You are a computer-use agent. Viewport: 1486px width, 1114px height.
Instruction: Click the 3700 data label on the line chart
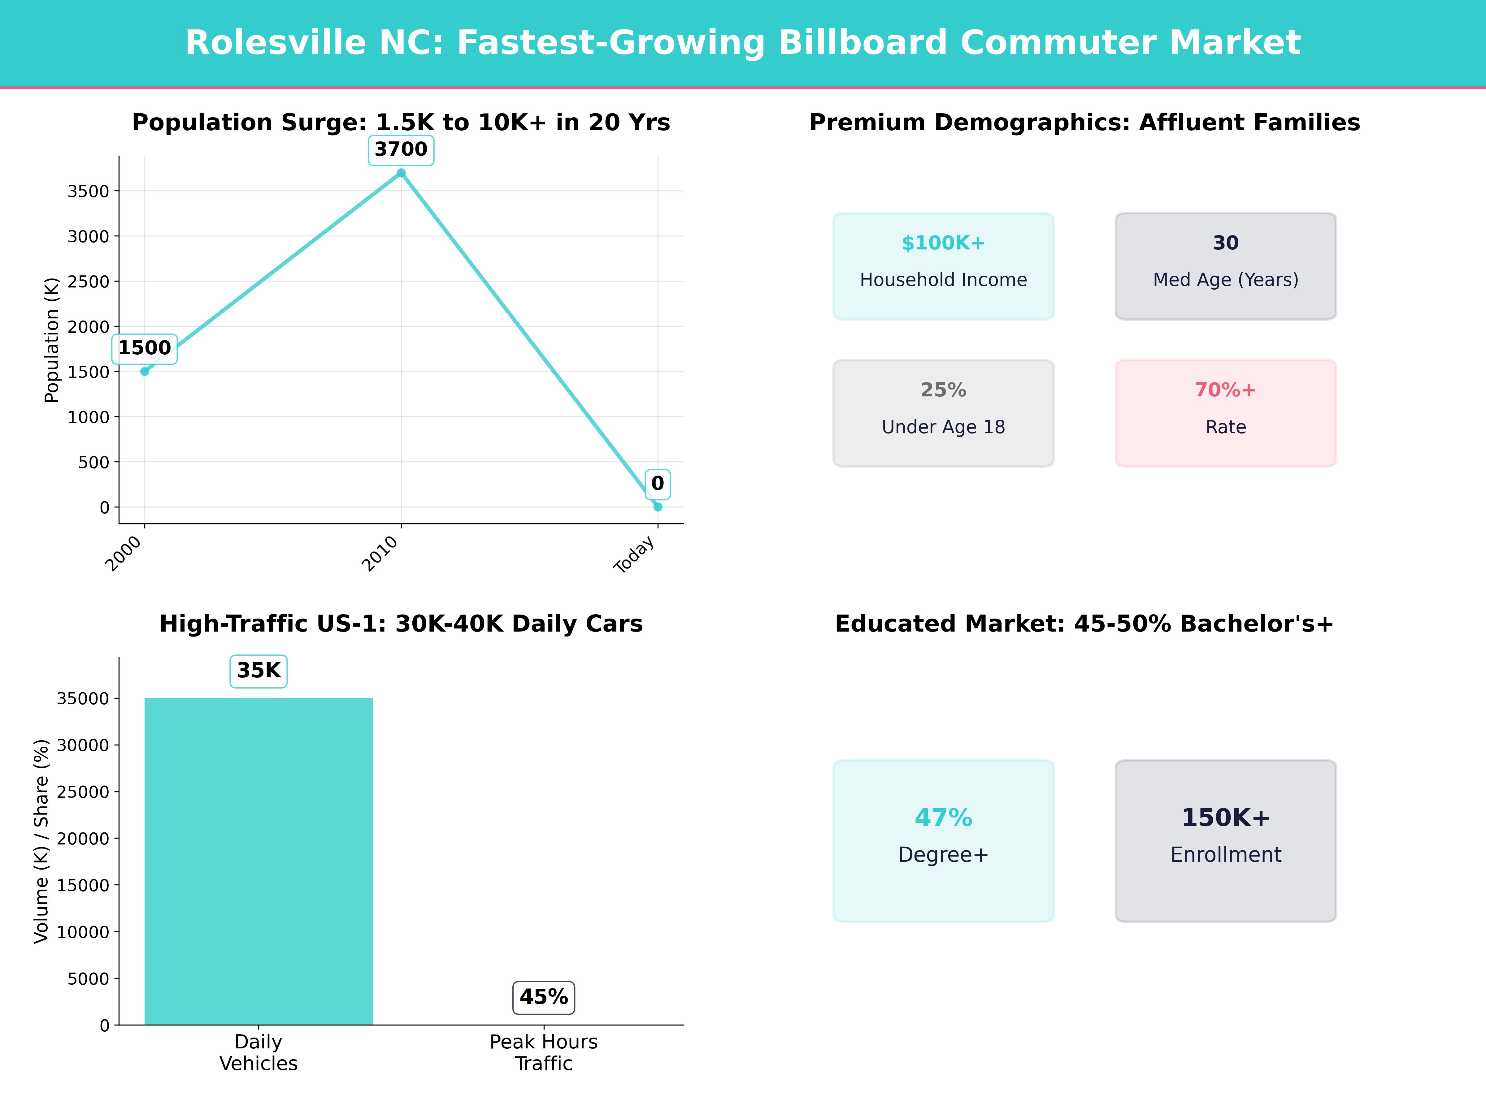point(401,149)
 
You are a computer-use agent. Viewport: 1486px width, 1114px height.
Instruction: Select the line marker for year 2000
point(145,371)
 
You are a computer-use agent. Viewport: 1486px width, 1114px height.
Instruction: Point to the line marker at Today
point(658,507)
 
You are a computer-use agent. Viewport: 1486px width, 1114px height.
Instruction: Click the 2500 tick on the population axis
point(88,281)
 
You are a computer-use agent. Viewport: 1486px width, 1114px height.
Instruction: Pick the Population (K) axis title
point(52,340)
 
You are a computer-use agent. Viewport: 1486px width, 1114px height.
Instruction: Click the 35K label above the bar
point(259,671)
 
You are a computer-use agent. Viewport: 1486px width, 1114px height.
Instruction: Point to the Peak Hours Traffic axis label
point(544,1052)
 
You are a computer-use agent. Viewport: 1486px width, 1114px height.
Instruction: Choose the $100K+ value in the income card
point(943,243)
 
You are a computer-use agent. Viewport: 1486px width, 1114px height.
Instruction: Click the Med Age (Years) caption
point(1225,280)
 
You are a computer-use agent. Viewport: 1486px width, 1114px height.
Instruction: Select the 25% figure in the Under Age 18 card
point(943,390)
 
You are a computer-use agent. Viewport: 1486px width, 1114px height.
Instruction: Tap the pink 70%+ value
point(1225,390)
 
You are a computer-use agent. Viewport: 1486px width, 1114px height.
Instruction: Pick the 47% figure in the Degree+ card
point(943,818)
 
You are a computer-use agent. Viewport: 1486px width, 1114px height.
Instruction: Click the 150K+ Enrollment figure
point(1225,818)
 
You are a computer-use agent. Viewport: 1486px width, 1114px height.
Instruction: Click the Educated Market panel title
point(1084,624)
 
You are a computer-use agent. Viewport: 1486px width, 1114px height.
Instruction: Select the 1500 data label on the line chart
point(145,348)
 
